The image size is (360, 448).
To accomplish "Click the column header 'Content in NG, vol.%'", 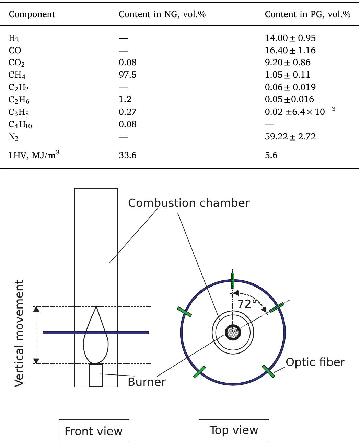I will (x=162, y=14).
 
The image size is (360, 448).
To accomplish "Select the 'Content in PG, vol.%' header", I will (x=307, y=14).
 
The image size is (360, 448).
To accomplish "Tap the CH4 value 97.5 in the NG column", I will (x=127, y=75).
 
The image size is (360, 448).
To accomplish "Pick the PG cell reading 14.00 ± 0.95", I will (x=290, y=38).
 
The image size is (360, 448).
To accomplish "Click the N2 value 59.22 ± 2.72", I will (x=290, y=137).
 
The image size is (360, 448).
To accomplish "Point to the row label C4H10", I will (x=20, y=124).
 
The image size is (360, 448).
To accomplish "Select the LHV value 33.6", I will (x=127, y=155).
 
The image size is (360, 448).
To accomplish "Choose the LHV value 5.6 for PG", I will (x=271, y=155).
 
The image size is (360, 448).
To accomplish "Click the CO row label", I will (x=15, y=51).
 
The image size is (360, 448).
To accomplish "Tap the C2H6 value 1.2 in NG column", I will (x=125, y=99).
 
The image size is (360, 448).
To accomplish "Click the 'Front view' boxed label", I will (x=94, y=431).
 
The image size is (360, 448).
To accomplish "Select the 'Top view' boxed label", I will (x=234, y=430).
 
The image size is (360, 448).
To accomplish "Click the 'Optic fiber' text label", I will (x=315, y=362).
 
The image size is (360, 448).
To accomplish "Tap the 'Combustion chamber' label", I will (x=189, y=203).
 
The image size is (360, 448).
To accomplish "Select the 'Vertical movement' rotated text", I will (x=19, y=333).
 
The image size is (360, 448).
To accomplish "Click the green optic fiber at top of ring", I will (x=233, y=281).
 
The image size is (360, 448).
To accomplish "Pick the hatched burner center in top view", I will (x=233, y=332).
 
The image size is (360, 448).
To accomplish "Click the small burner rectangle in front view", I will (x=96, y=375).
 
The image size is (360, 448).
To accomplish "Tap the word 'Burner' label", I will (x=147, y=382).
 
